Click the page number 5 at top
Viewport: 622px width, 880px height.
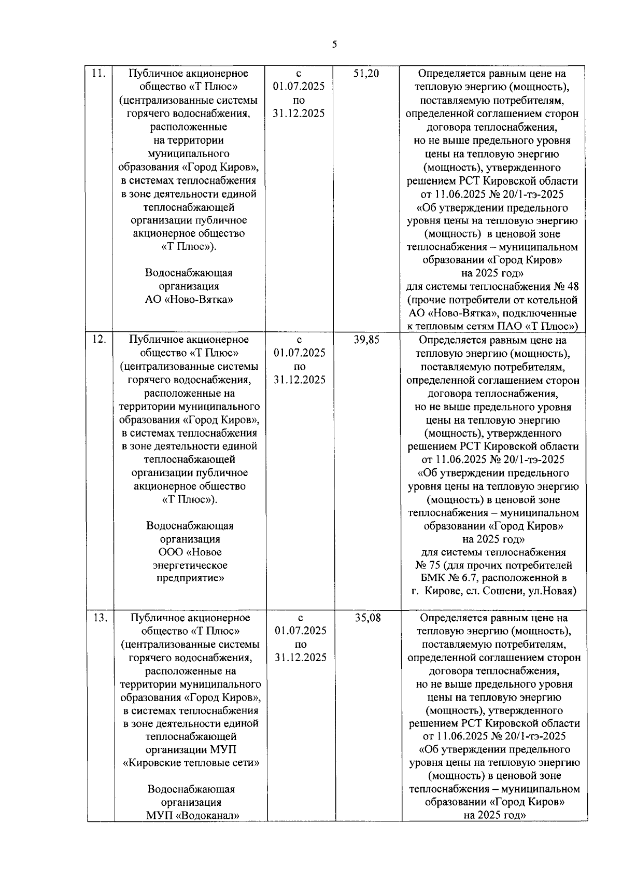334,45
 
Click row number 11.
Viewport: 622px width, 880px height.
98,74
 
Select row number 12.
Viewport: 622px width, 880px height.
99,340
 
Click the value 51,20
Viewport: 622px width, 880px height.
366,74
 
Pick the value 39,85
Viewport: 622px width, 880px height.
366,340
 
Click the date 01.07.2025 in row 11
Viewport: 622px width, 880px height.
299,87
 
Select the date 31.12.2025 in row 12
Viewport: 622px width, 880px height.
300,380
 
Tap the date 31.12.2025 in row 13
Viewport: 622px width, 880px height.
301,658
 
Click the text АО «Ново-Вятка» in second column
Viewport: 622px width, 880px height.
189,299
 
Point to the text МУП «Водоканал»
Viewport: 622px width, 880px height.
192,815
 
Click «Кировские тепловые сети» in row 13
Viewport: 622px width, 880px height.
191,763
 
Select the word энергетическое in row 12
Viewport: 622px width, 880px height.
190,565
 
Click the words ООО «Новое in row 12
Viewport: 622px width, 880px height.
190,552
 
